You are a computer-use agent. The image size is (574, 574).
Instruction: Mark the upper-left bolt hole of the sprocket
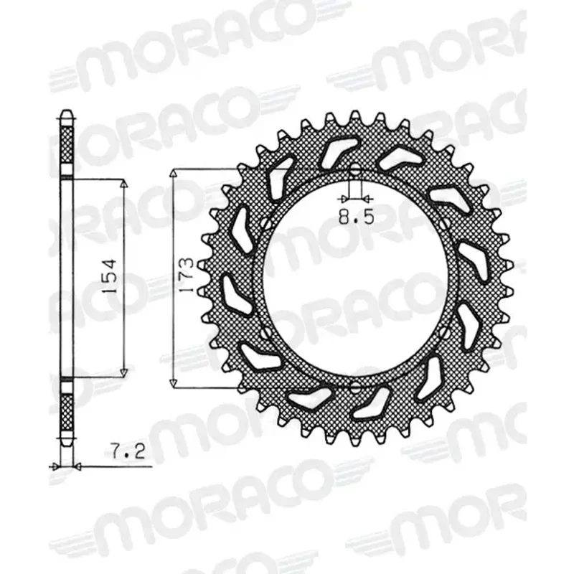[x=267, y=225]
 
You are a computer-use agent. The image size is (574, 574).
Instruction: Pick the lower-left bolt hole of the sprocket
[x=267, y=334]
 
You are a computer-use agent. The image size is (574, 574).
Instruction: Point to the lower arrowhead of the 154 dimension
[x=124, y=371]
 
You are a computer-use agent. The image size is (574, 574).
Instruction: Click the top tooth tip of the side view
[x=65, y=113]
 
